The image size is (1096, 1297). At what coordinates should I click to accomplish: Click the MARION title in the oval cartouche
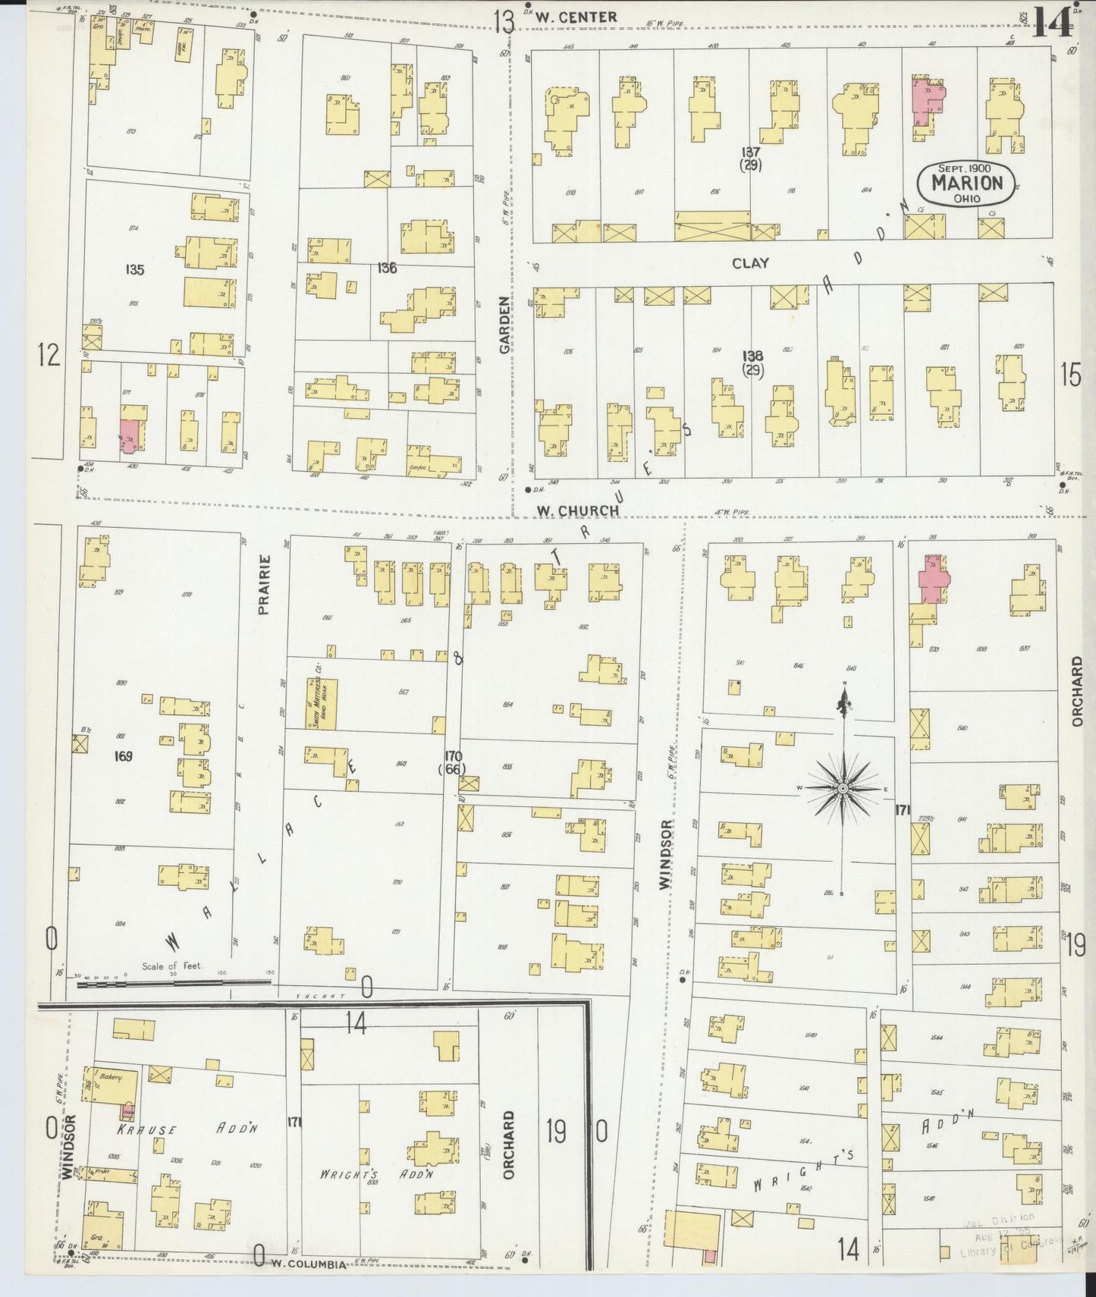point(966,183)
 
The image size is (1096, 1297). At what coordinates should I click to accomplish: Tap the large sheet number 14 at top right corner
point(1052,20)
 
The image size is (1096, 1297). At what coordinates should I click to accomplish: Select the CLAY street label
point(750,263)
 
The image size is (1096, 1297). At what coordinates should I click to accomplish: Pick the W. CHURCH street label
point(578,510)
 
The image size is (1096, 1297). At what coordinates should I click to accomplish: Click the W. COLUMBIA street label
point(309,1264)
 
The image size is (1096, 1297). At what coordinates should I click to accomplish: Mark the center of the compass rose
point(843,790)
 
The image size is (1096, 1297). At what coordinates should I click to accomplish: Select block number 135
point(135,269)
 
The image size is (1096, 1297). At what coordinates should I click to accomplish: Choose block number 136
point(387,268)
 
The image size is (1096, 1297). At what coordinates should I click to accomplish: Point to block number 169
point(123,755)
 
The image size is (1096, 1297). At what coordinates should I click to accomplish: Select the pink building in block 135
point(130,435)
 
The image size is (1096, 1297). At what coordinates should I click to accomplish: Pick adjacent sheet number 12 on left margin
point(49,354)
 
